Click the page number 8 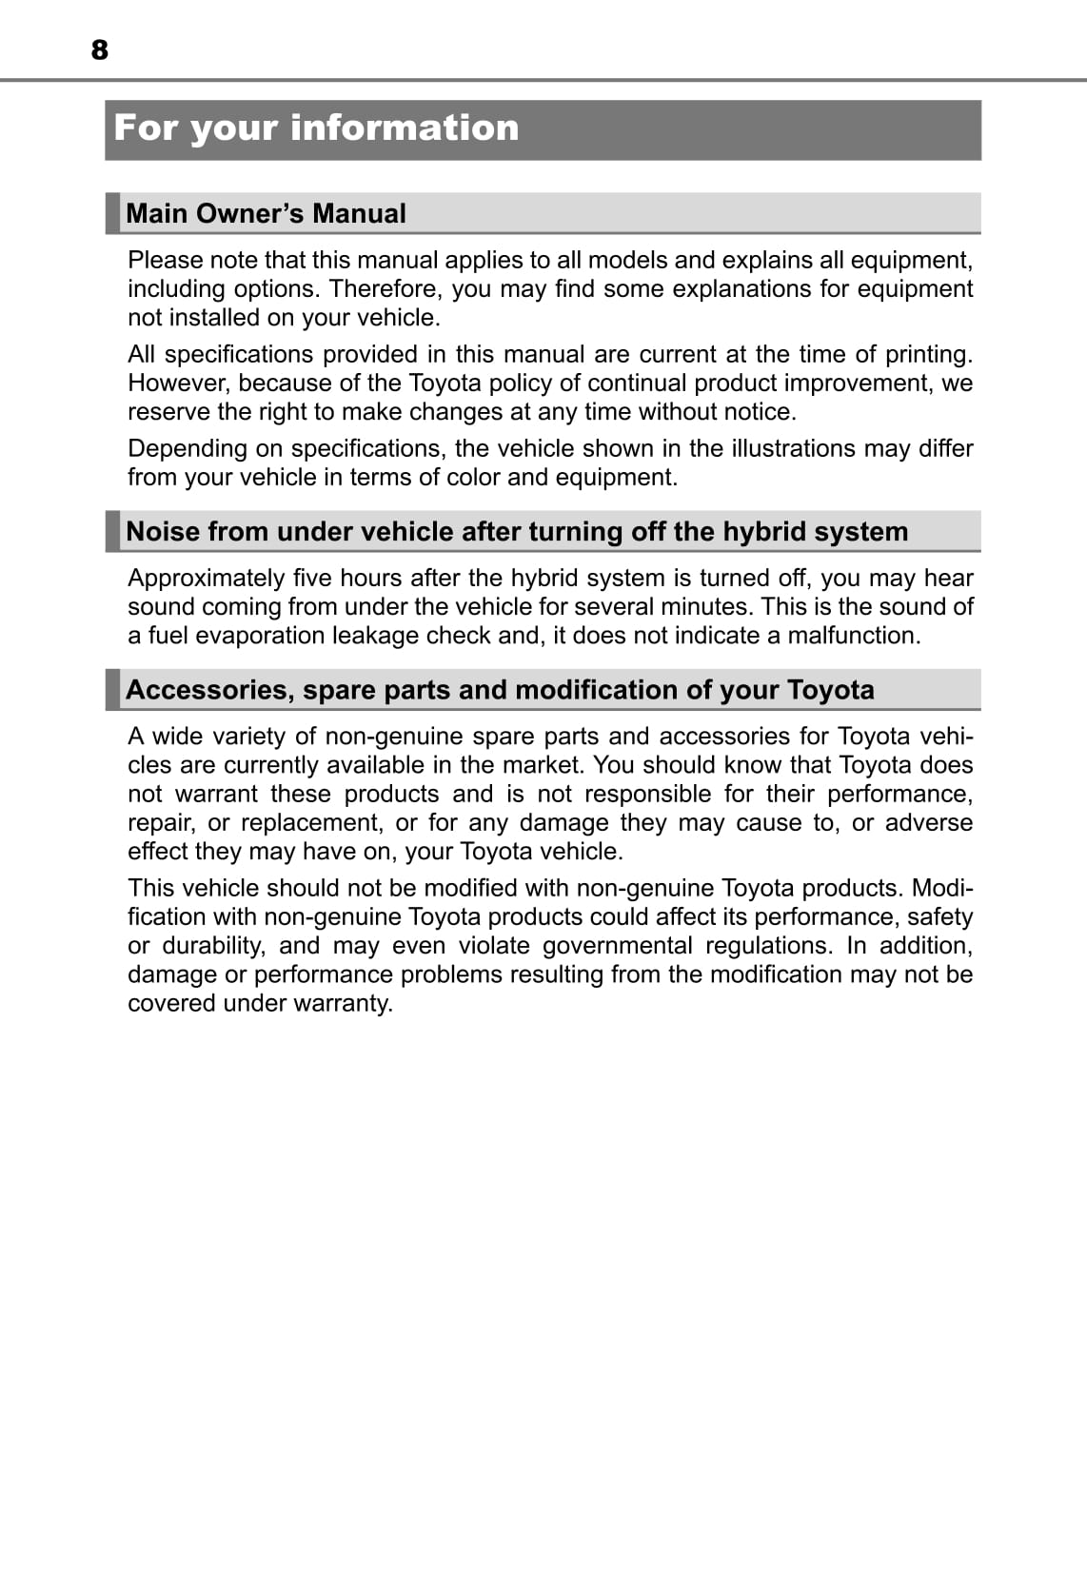[100, 49]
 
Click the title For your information [316, 128]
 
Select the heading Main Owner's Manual [266, 213]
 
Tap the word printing [928, 354]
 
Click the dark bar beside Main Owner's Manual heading [112, 213]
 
